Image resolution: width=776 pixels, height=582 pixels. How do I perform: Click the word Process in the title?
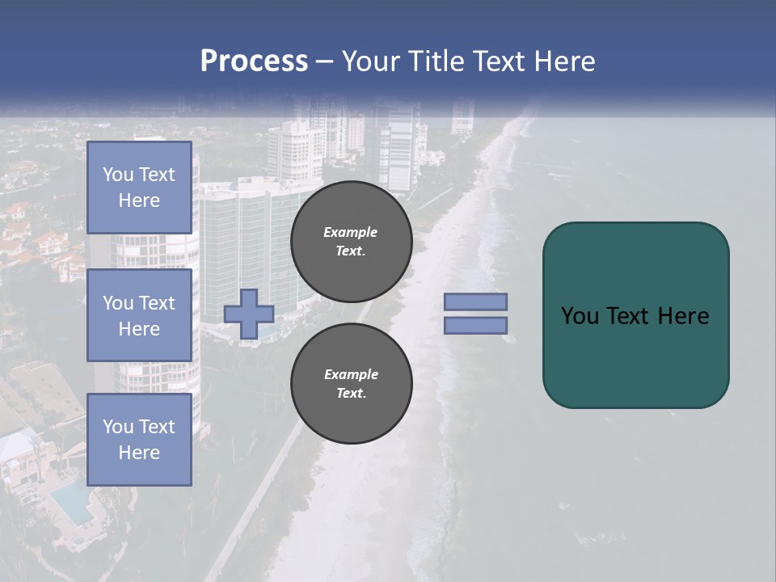tap(254, 61)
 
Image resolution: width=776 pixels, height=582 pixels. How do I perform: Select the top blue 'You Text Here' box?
tap(139, 188)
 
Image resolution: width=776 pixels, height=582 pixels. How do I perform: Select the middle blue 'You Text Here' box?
tap(139, 315)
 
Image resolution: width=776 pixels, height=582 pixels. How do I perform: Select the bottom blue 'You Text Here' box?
tap(139, 440)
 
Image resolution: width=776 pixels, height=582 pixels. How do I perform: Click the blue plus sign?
tap(249, 314)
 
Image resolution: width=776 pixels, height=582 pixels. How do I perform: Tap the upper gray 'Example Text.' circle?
tap(351, 242)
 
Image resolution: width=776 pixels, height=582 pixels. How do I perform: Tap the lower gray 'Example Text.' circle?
tap(351, 384)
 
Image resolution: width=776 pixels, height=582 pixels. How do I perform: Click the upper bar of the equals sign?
tap(475, 302)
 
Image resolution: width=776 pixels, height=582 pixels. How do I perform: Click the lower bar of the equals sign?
tap(475, 325)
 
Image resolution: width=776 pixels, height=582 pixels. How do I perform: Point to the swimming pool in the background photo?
tap(71, 502)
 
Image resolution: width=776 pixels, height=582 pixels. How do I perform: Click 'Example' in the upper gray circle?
tap(351, 232)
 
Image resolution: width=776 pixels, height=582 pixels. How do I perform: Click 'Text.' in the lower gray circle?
tap(351, 394)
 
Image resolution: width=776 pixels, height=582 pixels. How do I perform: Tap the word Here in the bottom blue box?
tap(139, 453)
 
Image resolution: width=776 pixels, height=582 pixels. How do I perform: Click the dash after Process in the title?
tap(324, 61)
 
